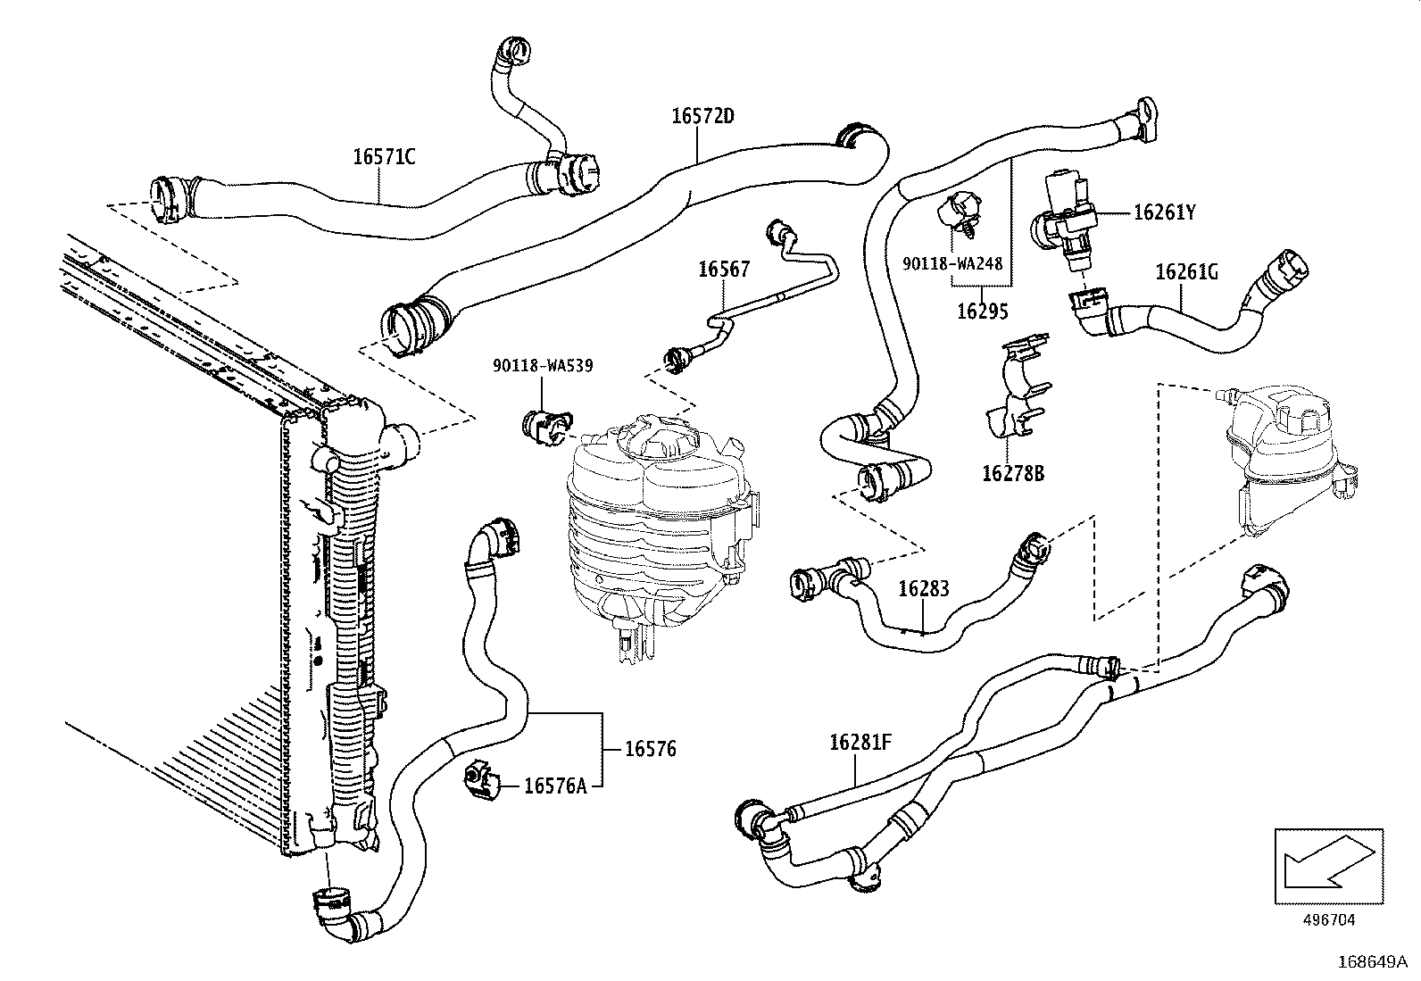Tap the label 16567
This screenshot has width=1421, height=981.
click(723, 270)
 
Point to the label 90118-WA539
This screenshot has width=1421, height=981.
click(543, 365)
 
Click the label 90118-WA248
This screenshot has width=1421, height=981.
click(952, 264)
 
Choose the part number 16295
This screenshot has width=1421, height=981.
click(982, 312)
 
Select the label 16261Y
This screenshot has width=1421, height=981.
click(1164, 212)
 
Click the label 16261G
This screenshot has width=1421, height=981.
click(1186, 272)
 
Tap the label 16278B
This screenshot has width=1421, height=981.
click(1012, 473)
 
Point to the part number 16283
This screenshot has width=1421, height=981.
click(923, 588)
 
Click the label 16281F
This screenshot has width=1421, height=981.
click(860, 742)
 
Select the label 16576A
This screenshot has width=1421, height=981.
click(555, 786)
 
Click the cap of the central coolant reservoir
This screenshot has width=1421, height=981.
click(658, 442)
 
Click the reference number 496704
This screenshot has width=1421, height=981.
click(1329, 919)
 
